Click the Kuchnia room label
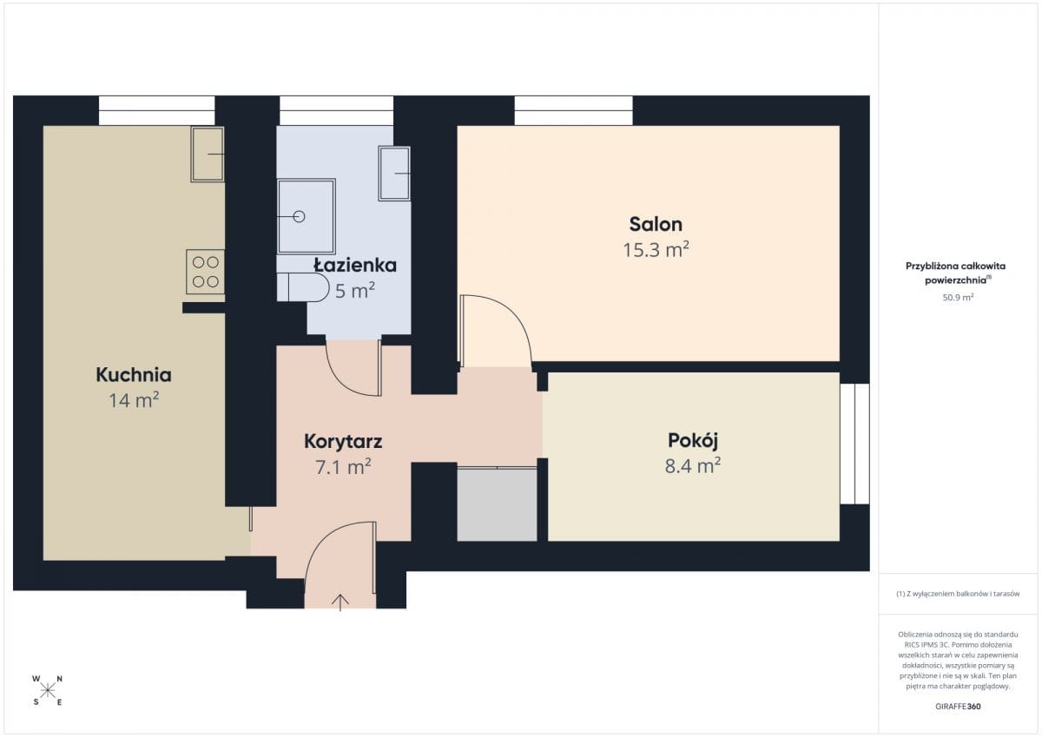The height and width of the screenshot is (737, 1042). pos(134,375)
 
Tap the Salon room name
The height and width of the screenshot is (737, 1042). pos(656,224)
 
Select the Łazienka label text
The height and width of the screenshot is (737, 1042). pos(355,265)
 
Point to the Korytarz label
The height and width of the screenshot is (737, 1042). pos(343,441)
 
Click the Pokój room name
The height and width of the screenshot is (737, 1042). pos(693,441)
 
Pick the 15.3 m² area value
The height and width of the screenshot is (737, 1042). pos(656,250)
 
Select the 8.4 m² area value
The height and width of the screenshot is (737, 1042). pos(693,465)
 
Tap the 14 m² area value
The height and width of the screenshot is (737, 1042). pos(134,400)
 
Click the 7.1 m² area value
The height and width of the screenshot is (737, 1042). pos(343,467)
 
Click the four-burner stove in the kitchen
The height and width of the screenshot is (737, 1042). pos(205,272)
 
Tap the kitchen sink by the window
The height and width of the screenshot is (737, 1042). pos(208,154)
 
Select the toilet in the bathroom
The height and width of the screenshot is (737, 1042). pos(303,286)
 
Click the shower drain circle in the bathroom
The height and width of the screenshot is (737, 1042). pos(299,217)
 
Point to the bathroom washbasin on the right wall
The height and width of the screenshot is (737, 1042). pos(394,174)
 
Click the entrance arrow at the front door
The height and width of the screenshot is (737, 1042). pos(340,602)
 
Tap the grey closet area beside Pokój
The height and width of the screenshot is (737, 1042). pos(497,504)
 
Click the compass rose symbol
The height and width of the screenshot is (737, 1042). pos(48,691)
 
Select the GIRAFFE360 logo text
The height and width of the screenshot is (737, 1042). pos(958,707)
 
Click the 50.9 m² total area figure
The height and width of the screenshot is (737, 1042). pos(958,297)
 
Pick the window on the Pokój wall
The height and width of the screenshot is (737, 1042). pos(855,444)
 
